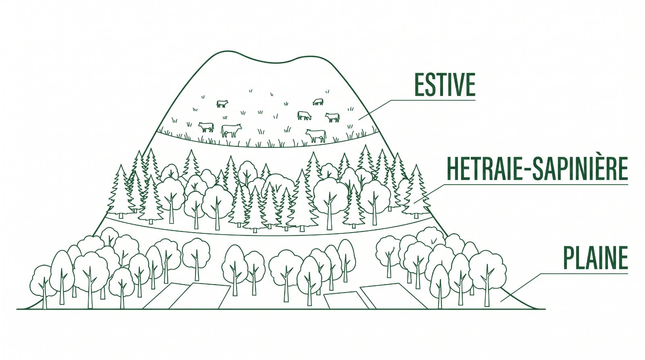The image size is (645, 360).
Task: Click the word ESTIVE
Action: (445, 85)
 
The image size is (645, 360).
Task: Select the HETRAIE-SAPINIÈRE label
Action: (537, 169)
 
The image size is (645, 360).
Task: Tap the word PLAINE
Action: (595, 258)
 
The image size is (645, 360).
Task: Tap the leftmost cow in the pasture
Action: (206, 127)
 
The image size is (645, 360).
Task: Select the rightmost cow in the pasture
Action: (333, 117)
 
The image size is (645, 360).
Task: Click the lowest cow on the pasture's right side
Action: (316, 135)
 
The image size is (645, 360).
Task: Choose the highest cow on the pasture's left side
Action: (222, 104)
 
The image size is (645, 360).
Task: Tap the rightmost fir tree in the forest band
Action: (416, 191)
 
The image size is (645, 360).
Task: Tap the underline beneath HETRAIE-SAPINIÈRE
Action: (537, 184)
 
